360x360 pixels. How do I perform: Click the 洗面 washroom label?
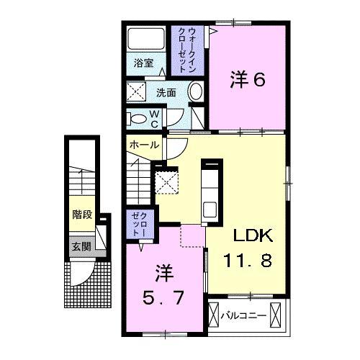(167, 91)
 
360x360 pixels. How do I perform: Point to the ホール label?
(143, 145)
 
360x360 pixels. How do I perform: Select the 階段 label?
(81, 214)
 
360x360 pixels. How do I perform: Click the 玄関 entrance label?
(81, 246)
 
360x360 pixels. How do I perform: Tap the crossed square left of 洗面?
(137, 91)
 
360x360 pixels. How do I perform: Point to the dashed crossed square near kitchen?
(168, 180)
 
